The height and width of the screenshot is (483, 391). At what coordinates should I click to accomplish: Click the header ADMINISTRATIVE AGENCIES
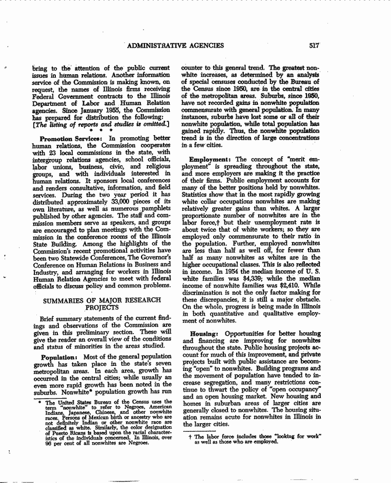[x=176, y=46]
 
